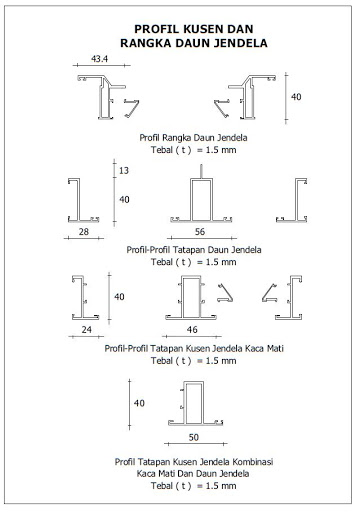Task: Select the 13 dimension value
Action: tap(123, 171)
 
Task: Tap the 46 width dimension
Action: tap(192, 328)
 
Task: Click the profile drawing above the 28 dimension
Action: tap(79, 201)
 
